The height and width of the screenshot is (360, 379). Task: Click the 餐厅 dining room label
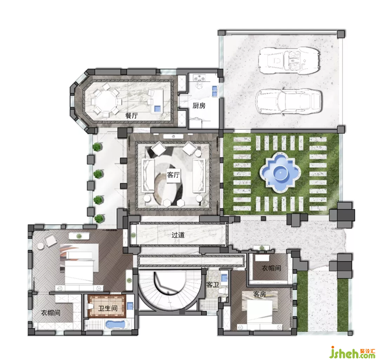pyautogui.click(x=131, y=116)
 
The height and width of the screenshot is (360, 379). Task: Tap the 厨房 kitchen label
pyautogui.click(x=199, y=106)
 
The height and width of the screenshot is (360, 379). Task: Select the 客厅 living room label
pyautogui.click(x=173, y=175)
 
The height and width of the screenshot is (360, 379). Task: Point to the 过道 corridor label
pyautogui.click(x=178, y=235)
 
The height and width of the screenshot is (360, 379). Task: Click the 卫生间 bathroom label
pyautogui.click(x=108, y=308)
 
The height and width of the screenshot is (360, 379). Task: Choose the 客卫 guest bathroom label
pyautogui.click(x=213, y=285)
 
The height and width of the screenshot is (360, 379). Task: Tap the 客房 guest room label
pyautogui.click(x=260, y=294)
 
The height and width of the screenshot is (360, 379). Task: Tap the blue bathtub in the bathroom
pyautogui.click(x=116, y=324)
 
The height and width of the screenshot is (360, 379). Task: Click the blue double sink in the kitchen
pyautogui.click(x=215, y=91)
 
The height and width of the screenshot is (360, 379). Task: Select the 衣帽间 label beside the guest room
pyautogui.click(x=271, y=268)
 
